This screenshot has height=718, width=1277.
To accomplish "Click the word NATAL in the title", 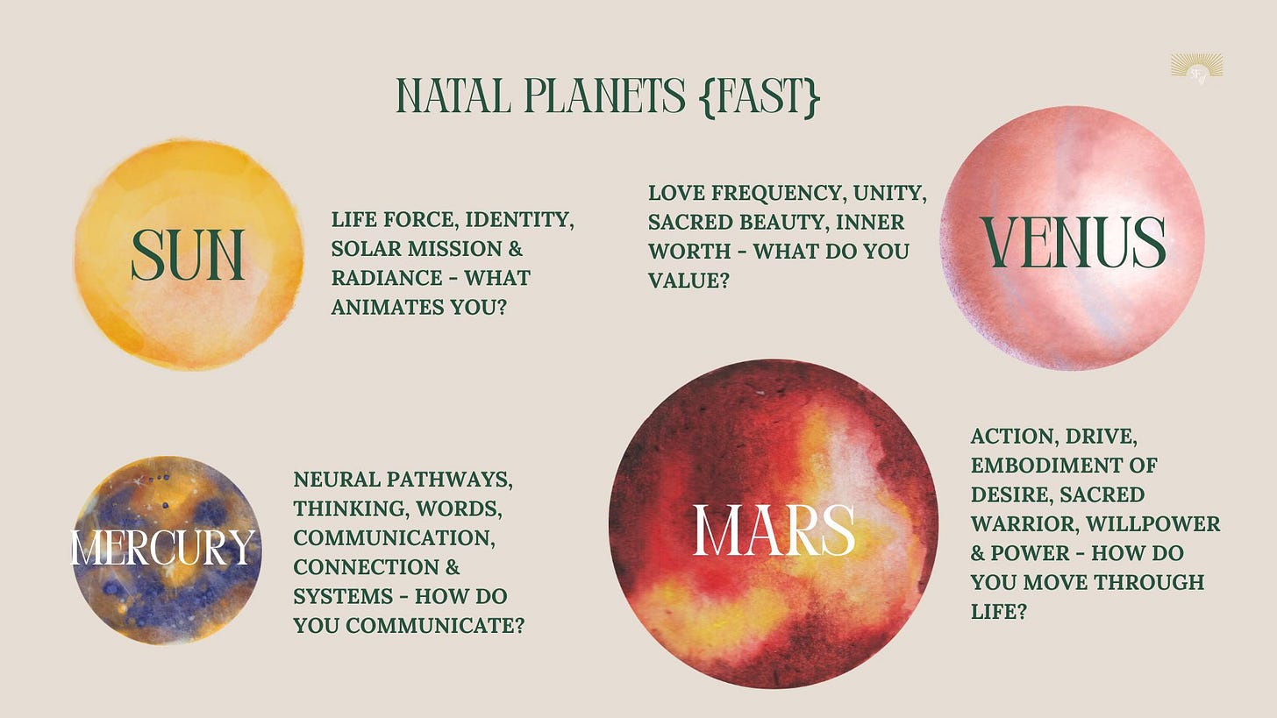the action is point(453,96).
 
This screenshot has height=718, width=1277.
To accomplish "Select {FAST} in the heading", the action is point(759,96).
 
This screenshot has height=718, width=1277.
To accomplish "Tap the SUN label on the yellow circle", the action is point(188,255).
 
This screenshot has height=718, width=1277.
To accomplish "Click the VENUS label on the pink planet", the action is point(1073,242).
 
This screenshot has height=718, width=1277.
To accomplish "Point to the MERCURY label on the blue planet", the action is point(163,548).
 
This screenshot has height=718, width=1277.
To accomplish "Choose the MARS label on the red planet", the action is point(774,530).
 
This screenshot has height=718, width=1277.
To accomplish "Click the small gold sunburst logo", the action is point(1196,68).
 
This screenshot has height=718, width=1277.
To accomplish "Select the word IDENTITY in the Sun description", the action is point(519,220).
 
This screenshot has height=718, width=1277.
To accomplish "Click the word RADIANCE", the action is point(387,278).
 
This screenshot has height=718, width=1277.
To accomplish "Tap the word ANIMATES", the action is point(388,308).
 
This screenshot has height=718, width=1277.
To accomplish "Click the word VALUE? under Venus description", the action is point(688,281).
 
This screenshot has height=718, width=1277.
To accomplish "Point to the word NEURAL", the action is point(337,480).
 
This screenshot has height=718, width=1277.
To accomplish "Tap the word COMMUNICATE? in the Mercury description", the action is point(435,626).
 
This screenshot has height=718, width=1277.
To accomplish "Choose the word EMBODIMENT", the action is point(1043,466).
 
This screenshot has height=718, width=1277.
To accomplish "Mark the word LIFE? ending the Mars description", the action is point(999,612).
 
